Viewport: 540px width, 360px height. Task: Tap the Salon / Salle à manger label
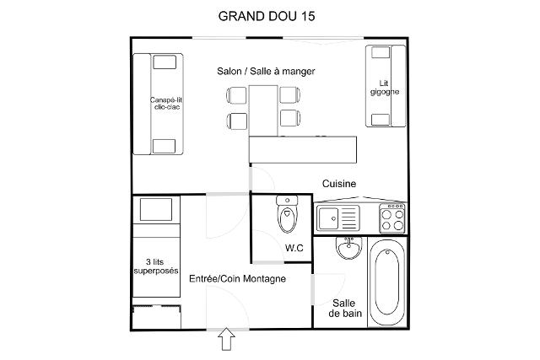pyautogui.click(x=266, y=72)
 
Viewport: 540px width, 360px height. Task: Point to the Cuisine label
pyautogui.click(x=339, y=184)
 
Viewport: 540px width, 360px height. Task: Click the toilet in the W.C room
pyautogui.click(x=288, y=215)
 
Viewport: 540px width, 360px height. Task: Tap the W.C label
pyautogui.click(x=294, y=248)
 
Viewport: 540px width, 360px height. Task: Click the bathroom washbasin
pyautogui.click(x=347, y=249)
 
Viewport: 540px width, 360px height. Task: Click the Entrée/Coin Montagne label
pyautogui.click(x=237, y=279)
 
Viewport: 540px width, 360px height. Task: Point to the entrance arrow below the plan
pyautogui.click(x=226, y=339)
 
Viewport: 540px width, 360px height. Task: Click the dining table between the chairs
pyautogui.click(x=264, y=108)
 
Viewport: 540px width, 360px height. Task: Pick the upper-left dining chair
pyautogui.click(x=237, y=95)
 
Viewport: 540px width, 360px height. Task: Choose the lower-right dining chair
pyautogui.click(x=289, y=118)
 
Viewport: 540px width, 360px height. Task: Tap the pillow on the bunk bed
pyautogui.click(x=155, y=208)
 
